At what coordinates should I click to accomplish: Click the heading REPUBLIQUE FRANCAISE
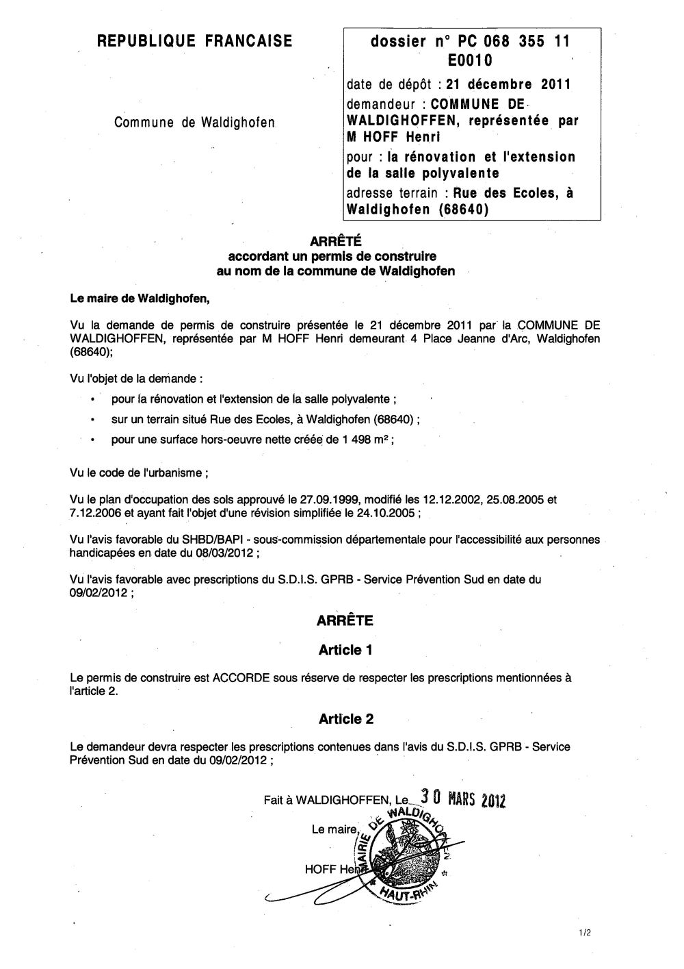tap(194, 42)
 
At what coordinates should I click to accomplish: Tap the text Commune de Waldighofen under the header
tap(194, 123)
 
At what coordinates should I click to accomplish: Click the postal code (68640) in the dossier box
tap(464, 210)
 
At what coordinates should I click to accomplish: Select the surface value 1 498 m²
tap(363, 440)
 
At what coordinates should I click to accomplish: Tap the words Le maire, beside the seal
tap(334, 830)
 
